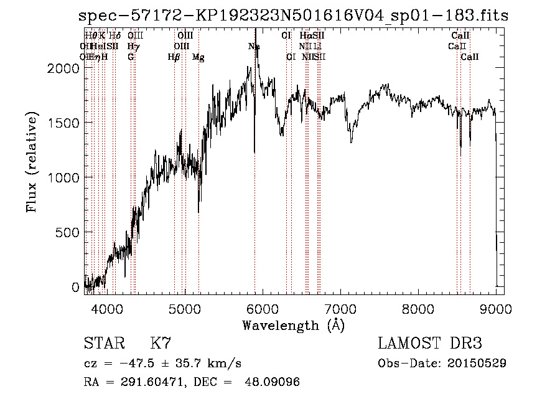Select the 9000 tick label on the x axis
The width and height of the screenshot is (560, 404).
coord(496,308)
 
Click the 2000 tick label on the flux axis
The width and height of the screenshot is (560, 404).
coord(64,68)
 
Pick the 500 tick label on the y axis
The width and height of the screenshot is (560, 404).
coord(68,233)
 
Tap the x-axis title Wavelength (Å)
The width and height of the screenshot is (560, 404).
coord(293,325)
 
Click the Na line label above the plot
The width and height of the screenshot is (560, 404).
coord(254,47)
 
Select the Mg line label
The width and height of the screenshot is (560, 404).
coord(198,57)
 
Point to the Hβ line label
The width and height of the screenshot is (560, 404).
coord(174,57)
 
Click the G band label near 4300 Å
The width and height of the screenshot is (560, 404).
coord(131,57)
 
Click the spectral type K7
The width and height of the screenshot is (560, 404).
coord(161,343)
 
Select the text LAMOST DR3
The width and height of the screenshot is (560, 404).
coord(430,343)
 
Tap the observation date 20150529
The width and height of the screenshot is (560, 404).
coord(477,363)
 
